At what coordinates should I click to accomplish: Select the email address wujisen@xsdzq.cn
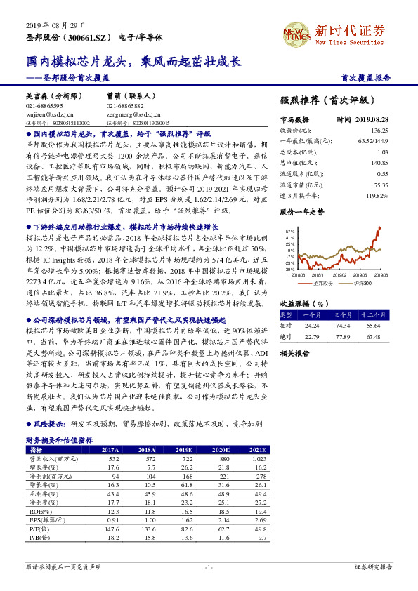[49, 113]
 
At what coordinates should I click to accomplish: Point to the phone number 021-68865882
[125, 105]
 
